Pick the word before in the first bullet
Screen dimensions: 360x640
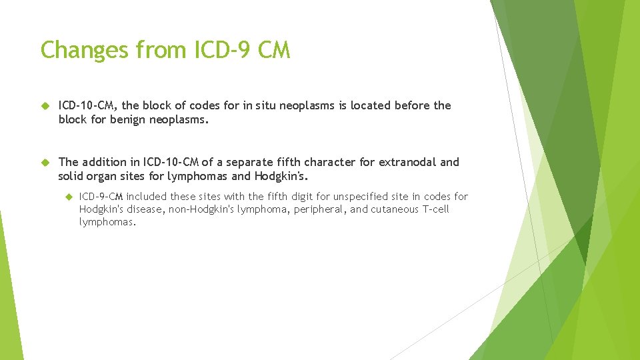pyautogui.click(x=413, y=105)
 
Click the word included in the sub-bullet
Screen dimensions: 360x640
pyautogui.click(x=147, y=197)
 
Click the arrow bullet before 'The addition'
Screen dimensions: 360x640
pyautogui.click(x=45, y=162)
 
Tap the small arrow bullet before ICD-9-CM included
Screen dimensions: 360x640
pyautogui.click(x=69, y=197)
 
